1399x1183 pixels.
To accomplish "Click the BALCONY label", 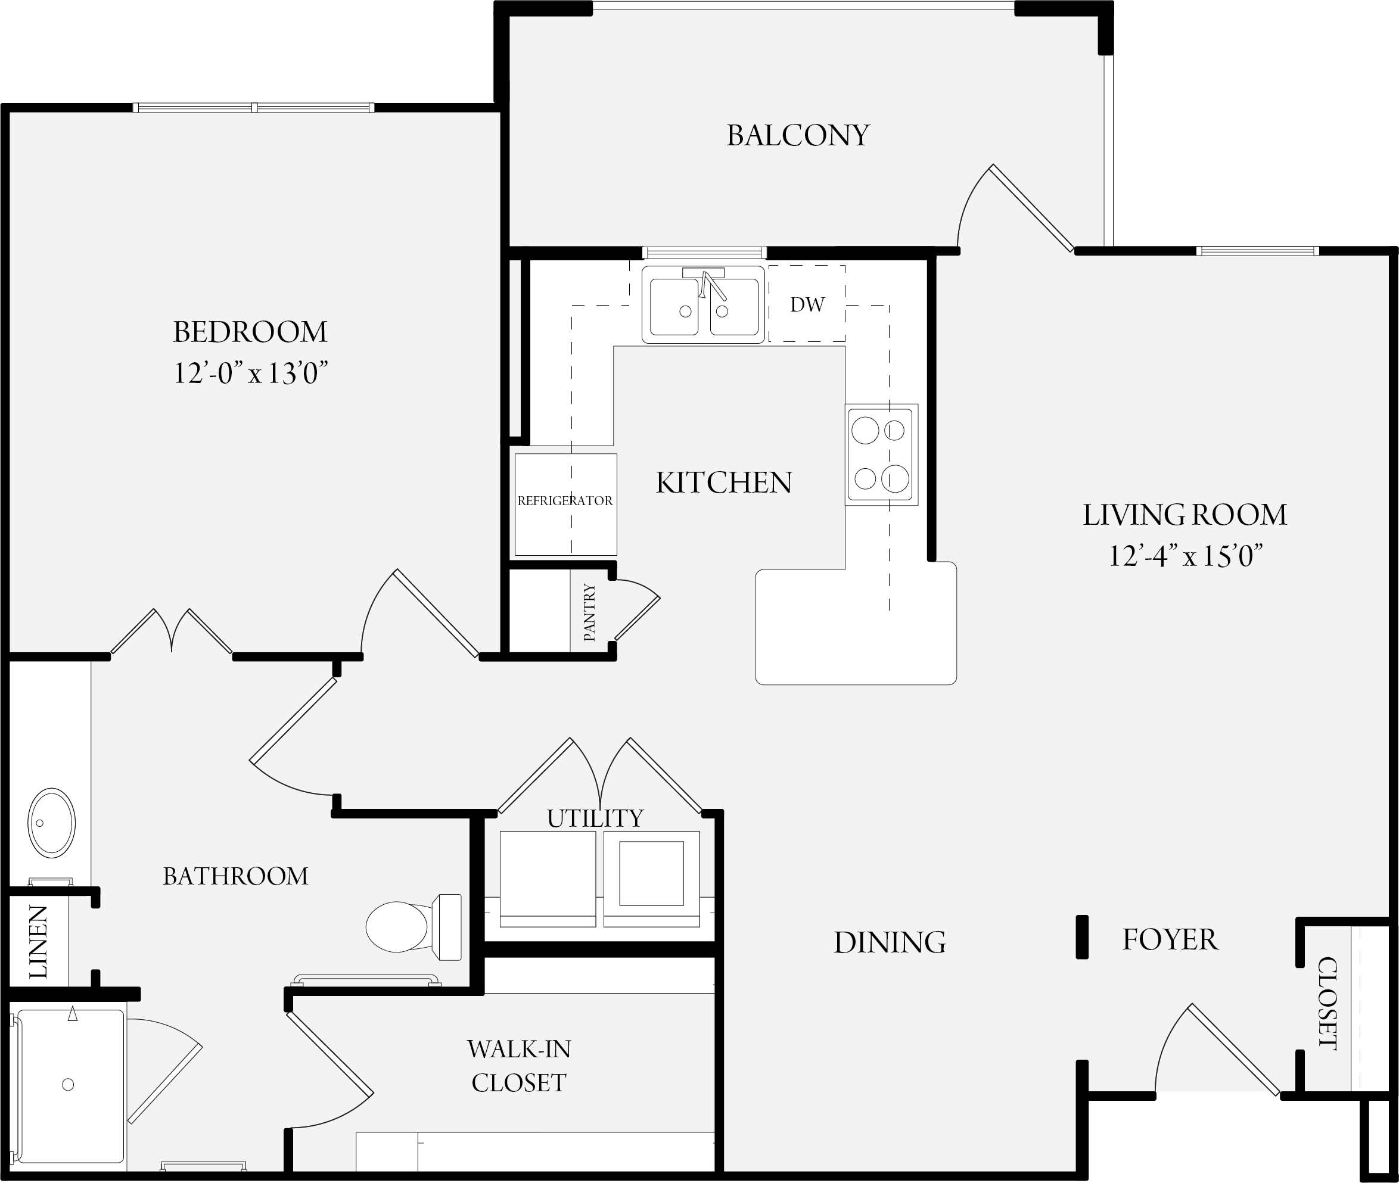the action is pos(797,135).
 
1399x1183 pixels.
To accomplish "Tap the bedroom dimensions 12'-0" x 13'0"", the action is pos(251,373).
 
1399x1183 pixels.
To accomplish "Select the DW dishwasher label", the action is pos(807,304).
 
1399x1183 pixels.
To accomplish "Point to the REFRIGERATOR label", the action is pos(565,500).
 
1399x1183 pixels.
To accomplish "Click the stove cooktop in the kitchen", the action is pos(881,454).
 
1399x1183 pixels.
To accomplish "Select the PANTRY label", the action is pos(589,612).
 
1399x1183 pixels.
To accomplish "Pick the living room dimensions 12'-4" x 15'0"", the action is pos(1185,556).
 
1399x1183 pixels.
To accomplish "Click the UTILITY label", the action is pos(595,818).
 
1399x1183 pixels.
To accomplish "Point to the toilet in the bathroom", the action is pos(413,926).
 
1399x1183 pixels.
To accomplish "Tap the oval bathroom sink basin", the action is pos(52,823).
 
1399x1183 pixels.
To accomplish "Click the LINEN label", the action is pos(38,942).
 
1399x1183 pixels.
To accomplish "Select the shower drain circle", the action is pos(68,1084).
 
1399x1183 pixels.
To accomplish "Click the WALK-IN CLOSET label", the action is pos(519,1066).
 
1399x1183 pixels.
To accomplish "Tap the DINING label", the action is pos(890,942).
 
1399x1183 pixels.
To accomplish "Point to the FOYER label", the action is pos(1170,939).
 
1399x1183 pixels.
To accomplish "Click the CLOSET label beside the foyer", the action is pos(1328,1003).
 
